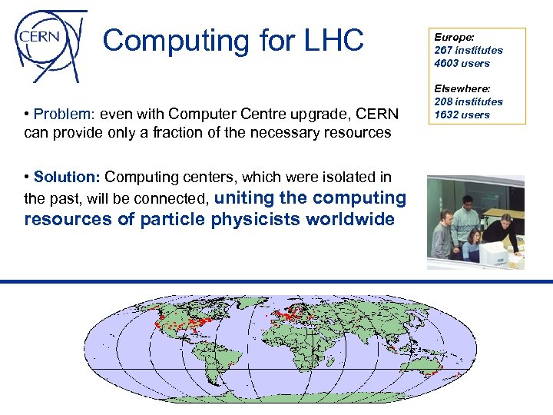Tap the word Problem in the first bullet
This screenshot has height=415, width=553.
[x=61, y=115]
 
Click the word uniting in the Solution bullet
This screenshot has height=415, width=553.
[x=244, y=198]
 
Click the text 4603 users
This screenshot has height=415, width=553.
[x=462, y=63]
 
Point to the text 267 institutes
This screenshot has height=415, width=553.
[x=469, y=50]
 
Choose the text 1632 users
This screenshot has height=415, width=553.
[x=462, y=115]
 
